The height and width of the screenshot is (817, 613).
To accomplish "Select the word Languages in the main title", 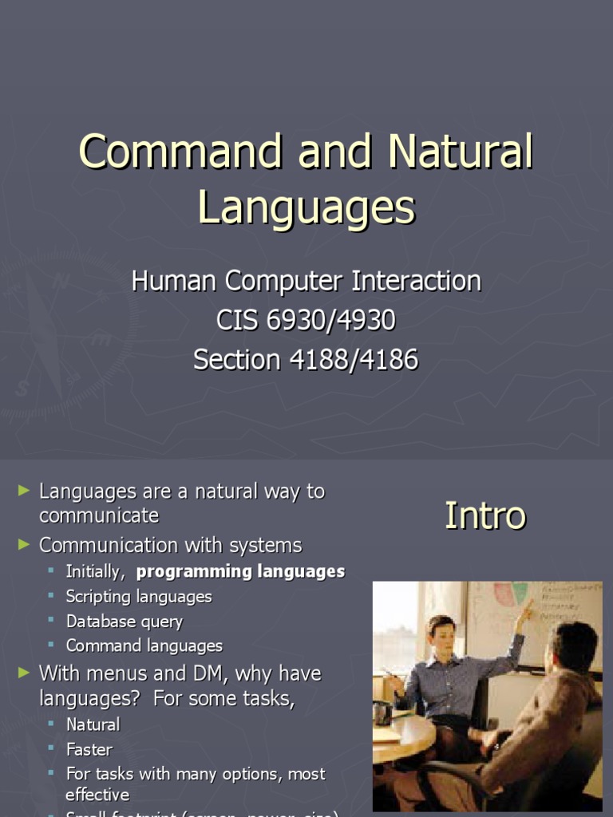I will [306, 207].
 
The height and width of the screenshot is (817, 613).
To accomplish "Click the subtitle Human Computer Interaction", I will [306, 281].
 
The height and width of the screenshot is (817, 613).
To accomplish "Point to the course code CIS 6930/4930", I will [306, 320].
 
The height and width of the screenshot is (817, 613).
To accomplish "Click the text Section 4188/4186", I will [306, 360].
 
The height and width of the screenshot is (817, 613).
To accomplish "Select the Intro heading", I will [485, 515].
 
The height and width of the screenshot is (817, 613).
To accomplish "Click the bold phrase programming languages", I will [240, 571].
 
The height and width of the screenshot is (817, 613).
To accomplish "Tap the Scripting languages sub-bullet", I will [139, 597].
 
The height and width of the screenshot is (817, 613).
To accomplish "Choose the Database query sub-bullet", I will [125, 622].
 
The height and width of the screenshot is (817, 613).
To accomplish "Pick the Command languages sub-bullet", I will [144, 645].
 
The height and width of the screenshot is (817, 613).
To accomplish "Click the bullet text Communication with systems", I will [171, 546].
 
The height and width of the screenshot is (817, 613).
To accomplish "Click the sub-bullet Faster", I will [89, 749].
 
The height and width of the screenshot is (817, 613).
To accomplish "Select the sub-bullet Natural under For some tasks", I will [93, 724].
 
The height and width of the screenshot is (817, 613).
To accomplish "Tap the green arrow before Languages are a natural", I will [24, 491].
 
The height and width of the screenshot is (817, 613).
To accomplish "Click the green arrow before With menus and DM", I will [24, 673].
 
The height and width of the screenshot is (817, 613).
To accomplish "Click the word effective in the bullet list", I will [97, 795].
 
